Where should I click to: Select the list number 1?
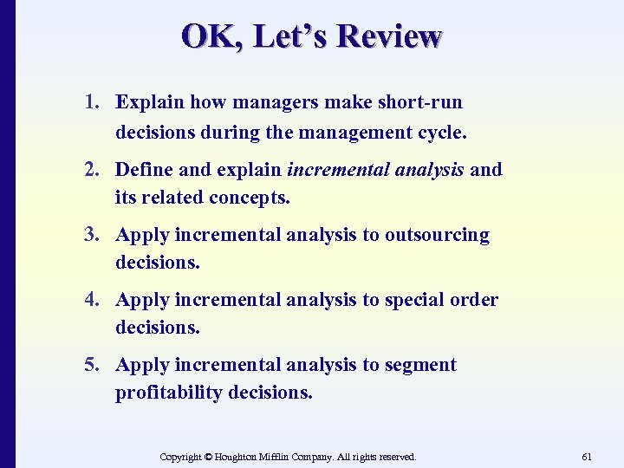[x=91, y=102]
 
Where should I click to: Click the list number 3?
[x=91, y=235]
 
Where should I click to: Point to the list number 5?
[x=91, y=365]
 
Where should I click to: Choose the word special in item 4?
[x=415, y=300]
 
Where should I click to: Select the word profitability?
[x=169, y=393]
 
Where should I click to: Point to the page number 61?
[x=587, y=456]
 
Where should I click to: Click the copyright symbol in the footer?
[x=208, y=456]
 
